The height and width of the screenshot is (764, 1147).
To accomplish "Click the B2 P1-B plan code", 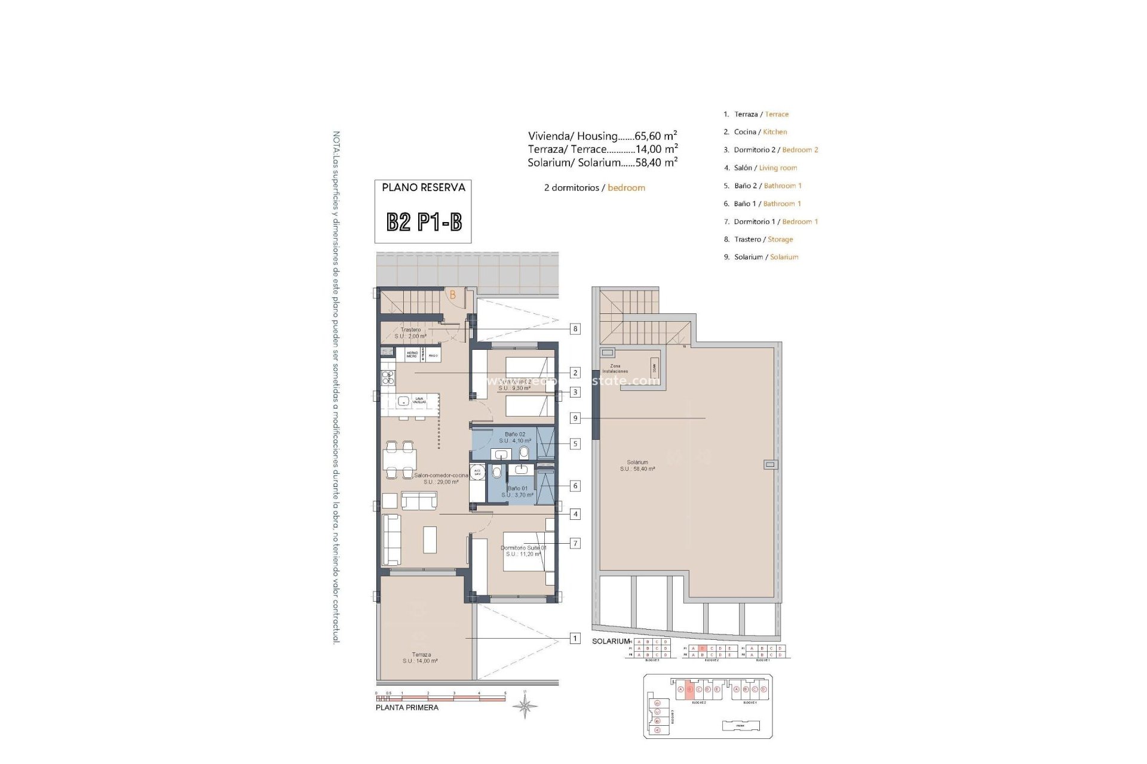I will [x=424, y=222].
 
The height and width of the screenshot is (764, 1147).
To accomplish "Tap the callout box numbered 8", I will [x=575, y=329].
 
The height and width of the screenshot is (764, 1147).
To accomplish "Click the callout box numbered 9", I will [x=575, y=418].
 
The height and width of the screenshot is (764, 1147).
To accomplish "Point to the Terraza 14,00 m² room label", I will [x=421, y=658].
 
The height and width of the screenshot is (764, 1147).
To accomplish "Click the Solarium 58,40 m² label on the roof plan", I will [x=637, y=466].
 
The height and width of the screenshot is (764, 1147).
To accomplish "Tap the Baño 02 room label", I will [x=514, y=438].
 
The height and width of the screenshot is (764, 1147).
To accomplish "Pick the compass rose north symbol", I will [x=525, y=707].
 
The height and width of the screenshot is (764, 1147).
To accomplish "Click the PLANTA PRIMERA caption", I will [x=407, y=708].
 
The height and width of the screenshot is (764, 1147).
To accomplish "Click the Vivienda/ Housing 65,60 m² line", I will [x=602, y=136].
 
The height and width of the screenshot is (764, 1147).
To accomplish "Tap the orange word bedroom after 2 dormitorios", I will [x=626, y=188].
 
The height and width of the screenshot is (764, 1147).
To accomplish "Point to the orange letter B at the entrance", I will [x=453, y=295].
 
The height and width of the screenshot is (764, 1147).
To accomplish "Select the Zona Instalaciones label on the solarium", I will [x=615, y=369].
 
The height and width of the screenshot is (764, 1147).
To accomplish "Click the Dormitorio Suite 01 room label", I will [x=523, y=551].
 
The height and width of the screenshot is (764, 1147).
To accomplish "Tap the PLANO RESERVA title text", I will [x=424, y=187].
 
